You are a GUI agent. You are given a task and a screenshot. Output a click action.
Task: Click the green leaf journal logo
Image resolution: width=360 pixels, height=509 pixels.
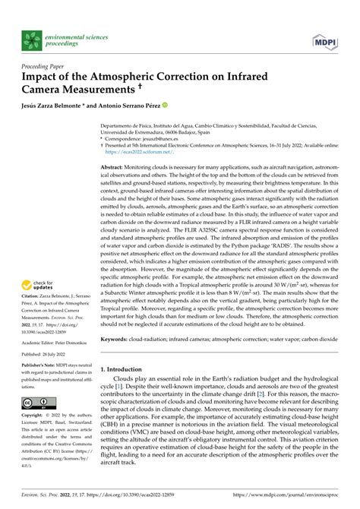click(x=31, y=40)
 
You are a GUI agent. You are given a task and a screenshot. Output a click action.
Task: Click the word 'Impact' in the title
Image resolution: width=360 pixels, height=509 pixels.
click(x=43, y=77)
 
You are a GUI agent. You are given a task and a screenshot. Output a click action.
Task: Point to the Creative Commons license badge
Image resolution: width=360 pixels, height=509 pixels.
click(x=39, y=402)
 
